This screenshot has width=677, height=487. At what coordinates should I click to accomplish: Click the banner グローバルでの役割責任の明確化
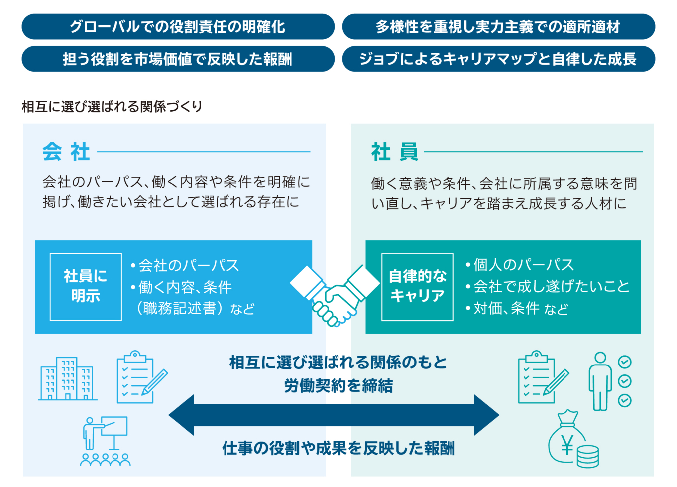click(x=178, y=27)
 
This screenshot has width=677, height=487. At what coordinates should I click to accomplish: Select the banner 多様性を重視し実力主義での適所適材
click(x=498, y=27)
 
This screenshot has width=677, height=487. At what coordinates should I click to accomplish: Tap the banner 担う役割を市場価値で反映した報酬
click(x=178, y=59)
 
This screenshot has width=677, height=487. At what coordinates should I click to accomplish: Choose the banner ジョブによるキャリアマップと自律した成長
click(x=498, y=59)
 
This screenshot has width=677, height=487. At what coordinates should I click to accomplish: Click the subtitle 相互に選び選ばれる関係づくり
click(x=112, y=106)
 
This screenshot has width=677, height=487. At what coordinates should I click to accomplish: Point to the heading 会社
click(x=66, y=152)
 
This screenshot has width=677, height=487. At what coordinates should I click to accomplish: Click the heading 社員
click(x=395, y=152)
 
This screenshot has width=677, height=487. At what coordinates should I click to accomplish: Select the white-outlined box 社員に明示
click(x=86, y=287)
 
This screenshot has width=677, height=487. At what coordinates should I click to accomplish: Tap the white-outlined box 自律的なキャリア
click(x=417, y=287)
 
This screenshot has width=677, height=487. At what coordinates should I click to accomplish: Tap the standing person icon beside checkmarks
click(x=600, y=381)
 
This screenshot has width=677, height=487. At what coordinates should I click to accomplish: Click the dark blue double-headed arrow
click(x=334, y=415)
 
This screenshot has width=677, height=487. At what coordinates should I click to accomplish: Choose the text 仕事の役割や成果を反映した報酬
click(x=338, y=448)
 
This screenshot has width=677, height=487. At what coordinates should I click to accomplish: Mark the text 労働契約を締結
click(x=338, y=386)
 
